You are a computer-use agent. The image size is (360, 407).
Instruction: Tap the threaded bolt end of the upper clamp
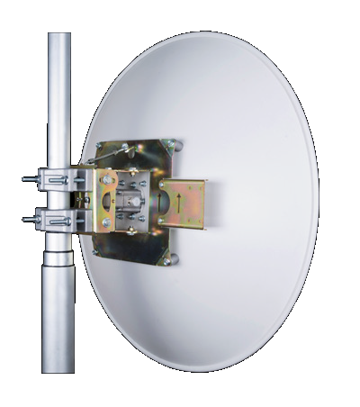[28, 179]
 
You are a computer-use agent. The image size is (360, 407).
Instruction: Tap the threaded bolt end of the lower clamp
[28, 217]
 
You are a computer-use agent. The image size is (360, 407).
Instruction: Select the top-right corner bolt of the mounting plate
[177, 144]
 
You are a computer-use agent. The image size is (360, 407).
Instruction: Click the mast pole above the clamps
[59, 99]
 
